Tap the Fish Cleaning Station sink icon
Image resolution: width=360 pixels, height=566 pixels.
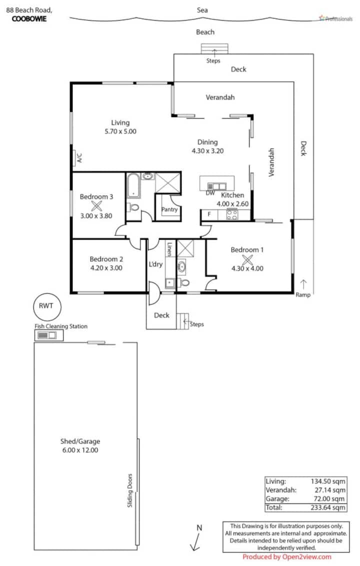pyautogui.click(x=49, y=335)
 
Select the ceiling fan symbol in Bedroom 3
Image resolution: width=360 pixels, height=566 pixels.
pyautogui.click(x=96, y=206)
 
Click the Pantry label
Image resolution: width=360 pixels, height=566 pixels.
pyautogui.click(x=169, y=209)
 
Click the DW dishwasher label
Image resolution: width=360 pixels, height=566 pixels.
pyautogui.click(x=210, y=193)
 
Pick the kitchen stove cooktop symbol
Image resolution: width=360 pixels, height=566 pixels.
pyautogui.click(x=232, y=214)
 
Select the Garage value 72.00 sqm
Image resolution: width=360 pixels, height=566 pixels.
pyautogui.click(x=329, y=499)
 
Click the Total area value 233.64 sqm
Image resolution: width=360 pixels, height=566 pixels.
pyautogui.click(x=328, y=507)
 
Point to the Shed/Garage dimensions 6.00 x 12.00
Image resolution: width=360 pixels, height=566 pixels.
pyautogui.click(x=80, y=450)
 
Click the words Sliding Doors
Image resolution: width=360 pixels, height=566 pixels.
pyautogui.click(x=130, y=490)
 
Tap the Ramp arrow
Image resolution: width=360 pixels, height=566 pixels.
pyautogui.click(x=303, y=284)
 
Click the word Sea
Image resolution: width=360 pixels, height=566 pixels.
pyautogui.click(x=202, y=10)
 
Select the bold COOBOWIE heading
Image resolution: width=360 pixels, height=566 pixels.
pyautogui.click(x=29, y=19)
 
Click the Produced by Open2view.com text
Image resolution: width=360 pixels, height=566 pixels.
pyautogui.click(x=286, y=557)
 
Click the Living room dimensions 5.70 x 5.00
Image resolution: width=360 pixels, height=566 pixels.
pyautogui.click(x=120, y=131)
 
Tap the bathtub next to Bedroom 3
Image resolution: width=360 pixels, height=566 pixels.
pyautogui.click(x=133, y=186)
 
